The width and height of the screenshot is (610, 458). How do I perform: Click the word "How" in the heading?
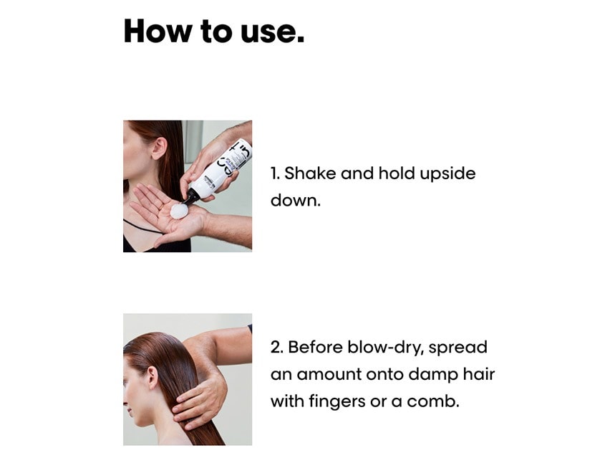158,31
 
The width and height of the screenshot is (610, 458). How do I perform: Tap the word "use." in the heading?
272,33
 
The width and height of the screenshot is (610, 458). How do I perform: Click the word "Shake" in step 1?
310,173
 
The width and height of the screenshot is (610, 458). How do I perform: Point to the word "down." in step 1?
295,200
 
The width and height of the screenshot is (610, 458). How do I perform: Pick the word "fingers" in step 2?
337,402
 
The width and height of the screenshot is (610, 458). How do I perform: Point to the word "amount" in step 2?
329,375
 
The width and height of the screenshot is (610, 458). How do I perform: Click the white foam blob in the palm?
179,211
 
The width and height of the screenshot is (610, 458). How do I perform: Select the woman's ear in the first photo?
159,145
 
